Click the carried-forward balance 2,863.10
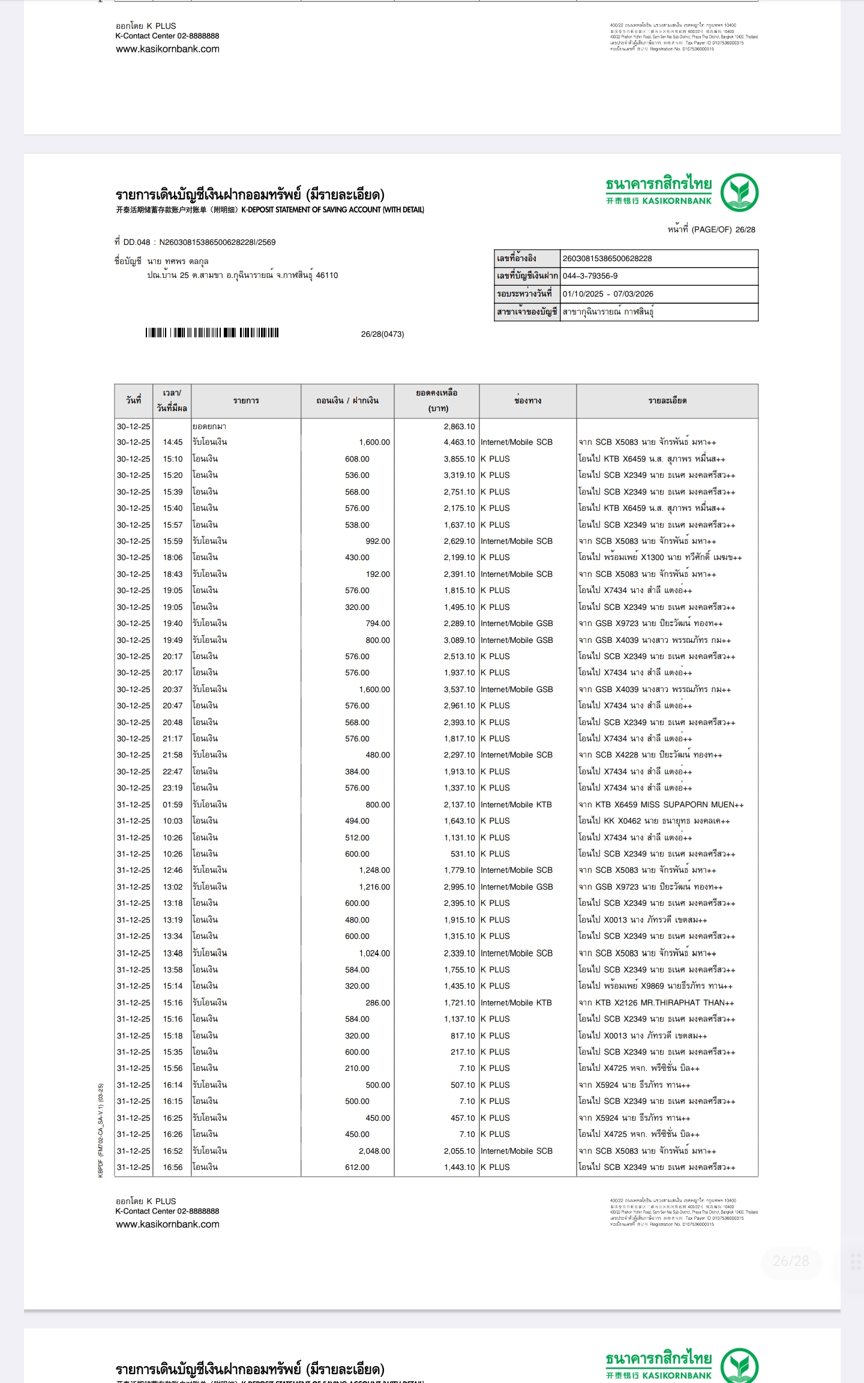pos(459,426)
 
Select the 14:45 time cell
pos(172,442)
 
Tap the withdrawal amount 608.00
pos(357,459)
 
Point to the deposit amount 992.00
pos(377,541)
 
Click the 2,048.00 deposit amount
pos(374,1151)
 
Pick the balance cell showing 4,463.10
pos(459,442)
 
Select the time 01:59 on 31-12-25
pos(172,804)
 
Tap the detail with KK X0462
pos(653,821)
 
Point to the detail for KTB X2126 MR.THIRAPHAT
pos(656,1002)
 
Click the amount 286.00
pos(377,1002)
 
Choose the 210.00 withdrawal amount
pos(357,1068)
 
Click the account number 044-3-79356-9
pos(590,276)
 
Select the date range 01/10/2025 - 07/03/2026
pos(608,294)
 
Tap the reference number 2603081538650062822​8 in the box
pos(607,259)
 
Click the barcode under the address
pos(212,333)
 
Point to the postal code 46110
pos(327,276)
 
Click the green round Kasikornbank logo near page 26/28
pos(739,193)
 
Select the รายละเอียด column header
pos(667,401)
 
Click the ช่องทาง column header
pos(527,401)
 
